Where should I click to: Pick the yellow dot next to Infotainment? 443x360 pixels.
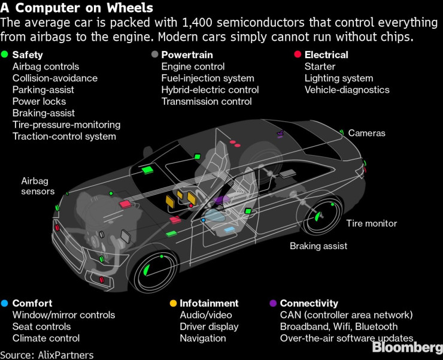172,303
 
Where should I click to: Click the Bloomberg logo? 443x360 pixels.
407,348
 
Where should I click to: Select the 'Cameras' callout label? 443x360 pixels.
367,133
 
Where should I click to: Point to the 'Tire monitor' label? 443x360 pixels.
371,223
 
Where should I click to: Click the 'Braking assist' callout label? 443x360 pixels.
318,246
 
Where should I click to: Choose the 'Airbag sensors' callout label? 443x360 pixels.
38,186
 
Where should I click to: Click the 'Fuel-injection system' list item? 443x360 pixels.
208,78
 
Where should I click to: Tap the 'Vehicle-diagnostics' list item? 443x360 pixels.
347,90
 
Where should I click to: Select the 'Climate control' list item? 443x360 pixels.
46,338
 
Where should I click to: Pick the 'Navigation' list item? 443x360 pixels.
203,338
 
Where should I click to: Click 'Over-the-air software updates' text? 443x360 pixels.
347,338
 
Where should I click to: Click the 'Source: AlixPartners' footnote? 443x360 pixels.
47,355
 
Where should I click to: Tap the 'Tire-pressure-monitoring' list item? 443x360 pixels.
66,125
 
